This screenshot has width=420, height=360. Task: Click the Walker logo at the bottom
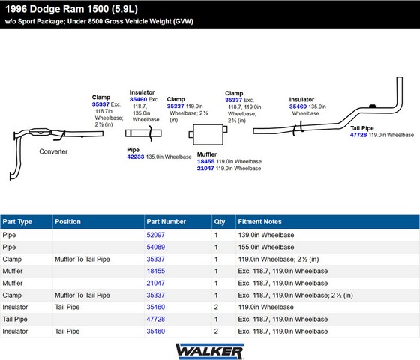pyautogui.click(x=209, y=351)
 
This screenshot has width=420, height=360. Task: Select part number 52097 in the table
pyautogui.click(x=156, y=235)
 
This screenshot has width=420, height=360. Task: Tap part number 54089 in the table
pyautogui.click(x=156, y=247)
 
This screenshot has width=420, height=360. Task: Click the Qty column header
pyautogui.click(x=219, y=222)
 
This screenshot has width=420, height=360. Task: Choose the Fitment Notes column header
pyautogui.click(x=259, y=222)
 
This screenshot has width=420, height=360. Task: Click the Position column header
pyautogui.click(x=67, y=222)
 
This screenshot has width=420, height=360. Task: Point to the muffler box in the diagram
pyautogui.click(x=208, y=134)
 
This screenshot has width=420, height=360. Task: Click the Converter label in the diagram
pyautogui.click(x=53, y=151)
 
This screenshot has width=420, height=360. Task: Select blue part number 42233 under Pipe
pyautogui.click(x=136, y=157)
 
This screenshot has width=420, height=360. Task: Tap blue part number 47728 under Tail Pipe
pyautogui.click(x=358, y=135)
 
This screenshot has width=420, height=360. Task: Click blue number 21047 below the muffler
pyautogui.click(x=205, y=169)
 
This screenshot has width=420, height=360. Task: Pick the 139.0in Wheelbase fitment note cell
pyautogui.click(x=266, y=235)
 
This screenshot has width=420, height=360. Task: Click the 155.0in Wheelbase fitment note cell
pyautogui.click(x=266, y=247)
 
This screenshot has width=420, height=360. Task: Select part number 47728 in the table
pyautogui.click(x=156, y=319)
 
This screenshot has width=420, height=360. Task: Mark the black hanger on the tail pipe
pyautogui.click(x=373, y=106)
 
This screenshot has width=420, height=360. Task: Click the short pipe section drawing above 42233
pyautogui.click(x=143, y=133)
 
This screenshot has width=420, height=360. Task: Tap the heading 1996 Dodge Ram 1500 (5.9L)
pyautogui.click(x=71, y=9)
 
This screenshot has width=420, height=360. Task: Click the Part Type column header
pyautogui.click(x=17, y=222)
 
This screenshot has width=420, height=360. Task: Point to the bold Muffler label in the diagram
pyautogui.click(x=207, y=154)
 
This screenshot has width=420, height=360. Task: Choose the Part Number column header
pyautogui.click(x=166, y=222)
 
